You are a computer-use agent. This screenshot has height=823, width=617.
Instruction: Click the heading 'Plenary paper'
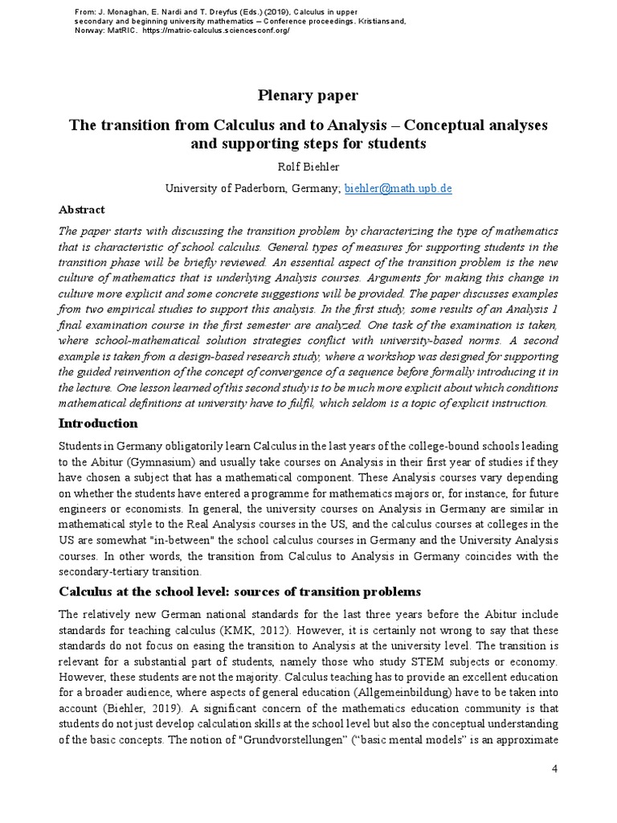click(x=308, y=96)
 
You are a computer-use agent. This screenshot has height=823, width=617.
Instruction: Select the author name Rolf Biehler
click(x=308, y=166)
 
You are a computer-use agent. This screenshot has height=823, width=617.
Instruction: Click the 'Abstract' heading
click(x=82, y=209)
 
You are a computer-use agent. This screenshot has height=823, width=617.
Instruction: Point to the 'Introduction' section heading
click(x=98, y=424)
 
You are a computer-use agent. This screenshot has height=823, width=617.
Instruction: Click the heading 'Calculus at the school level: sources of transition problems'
click(x=240, y=592)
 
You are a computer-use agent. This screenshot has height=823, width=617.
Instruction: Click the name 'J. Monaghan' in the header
click(x=105, y=12)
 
